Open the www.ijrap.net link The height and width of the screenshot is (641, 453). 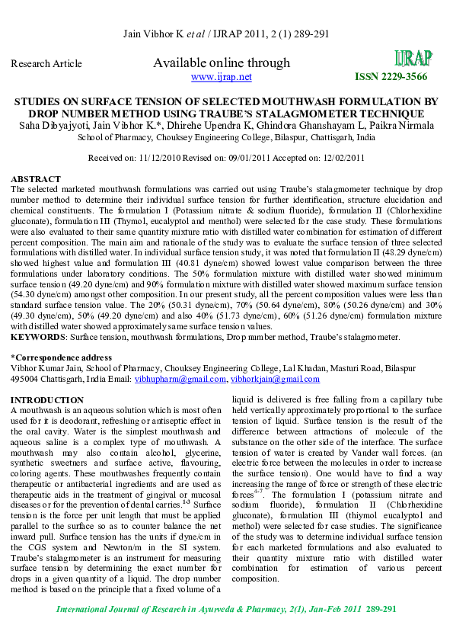[221, 77]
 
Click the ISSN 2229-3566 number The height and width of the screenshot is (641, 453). [391, 77]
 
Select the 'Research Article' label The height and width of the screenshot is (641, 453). [46, 64]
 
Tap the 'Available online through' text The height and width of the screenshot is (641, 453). [222, 62]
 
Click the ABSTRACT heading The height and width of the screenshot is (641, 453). [36, 178]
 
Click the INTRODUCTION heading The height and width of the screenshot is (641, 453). [47, 400]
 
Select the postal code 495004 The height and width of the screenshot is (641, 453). [27, 379]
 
